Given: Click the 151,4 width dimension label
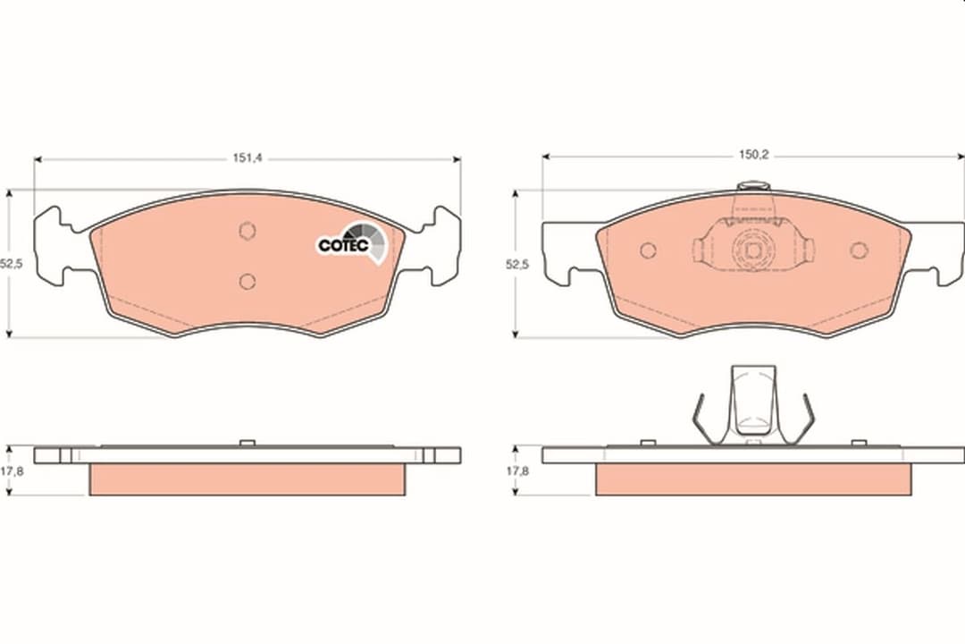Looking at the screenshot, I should tap(247, 157).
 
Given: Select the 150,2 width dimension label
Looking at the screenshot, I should tap(753, 155).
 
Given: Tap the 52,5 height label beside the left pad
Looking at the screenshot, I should tap(11, 264).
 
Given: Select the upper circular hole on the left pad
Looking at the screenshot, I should tap(248, 231).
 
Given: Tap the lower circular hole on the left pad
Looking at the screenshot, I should tap(248, 282).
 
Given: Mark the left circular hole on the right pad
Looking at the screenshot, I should tap(648, 250).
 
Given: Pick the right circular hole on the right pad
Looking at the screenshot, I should tap(859, 250).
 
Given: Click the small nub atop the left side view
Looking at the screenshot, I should tap(248, 442).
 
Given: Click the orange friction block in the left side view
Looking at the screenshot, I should tap(248, 479).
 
